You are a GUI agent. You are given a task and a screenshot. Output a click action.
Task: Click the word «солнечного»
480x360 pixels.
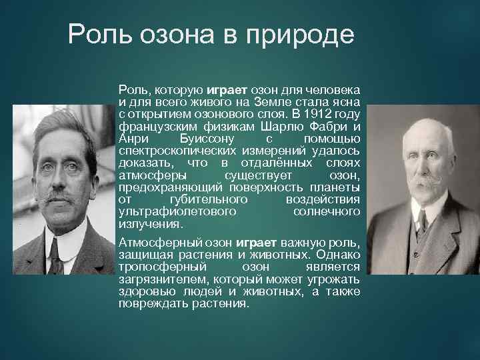point(327,211)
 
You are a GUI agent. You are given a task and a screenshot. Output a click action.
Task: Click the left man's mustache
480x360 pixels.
point(59,198)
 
